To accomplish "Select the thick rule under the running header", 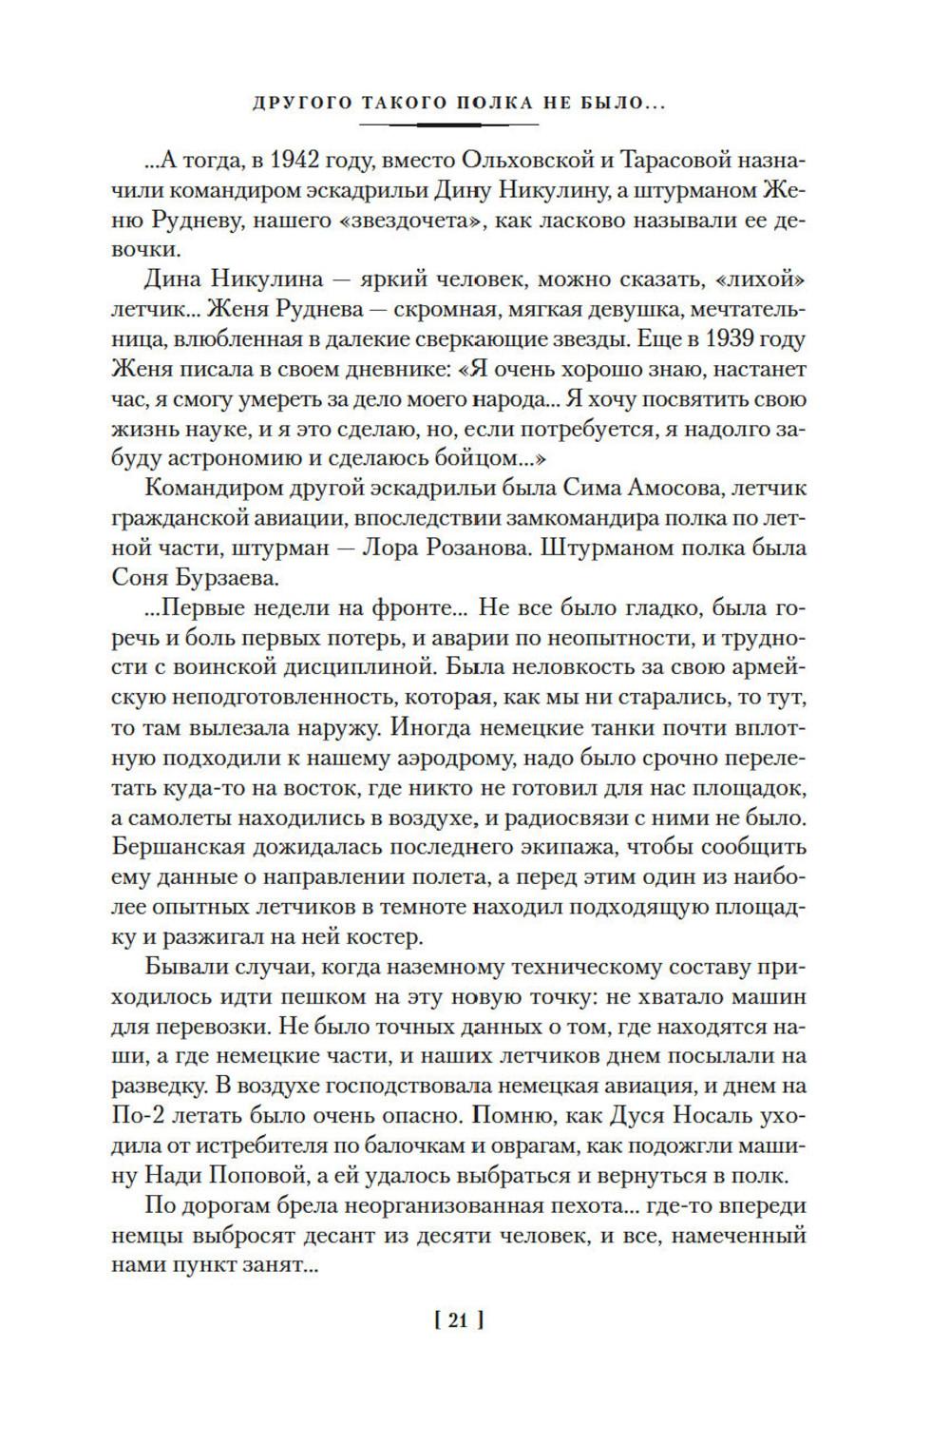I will (444, 124).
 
